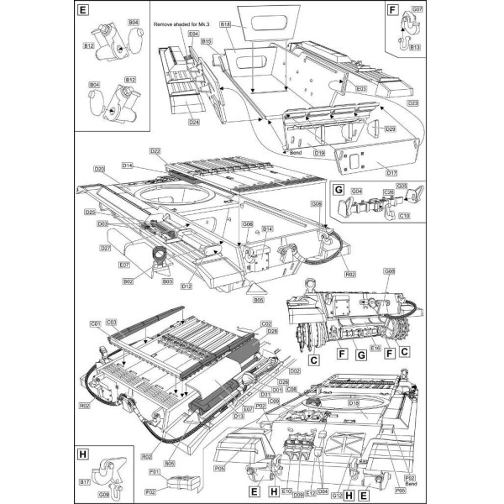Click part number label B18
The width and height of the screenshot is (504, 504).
click(225, 25)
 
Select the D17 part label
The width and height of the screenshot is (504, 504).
click(391, 173)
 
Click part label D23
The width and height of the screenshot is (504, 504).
click(413, 103)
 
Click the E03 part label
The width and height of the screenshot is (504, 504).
click(362, 88)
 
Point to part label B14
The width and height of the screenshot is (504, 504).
click(269, 228)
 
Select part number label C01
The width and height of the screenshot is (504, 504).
click(95, 323)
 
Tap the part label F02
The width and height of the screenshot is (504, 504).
click(151, 491)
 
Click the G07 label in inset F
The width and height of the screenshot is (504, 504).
click(417, 8)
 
